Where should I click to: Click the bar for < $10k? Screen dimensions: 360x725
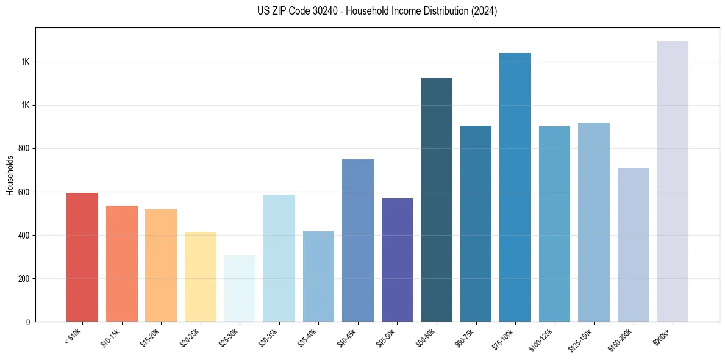coord(82,257)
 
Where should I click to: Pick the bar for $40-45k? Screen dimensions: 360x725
coord(358,240)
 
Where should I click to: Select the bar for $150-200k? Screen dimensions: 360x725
coord(633,245)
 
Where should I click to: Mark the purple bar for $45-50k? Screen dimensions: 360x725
coord(397,260)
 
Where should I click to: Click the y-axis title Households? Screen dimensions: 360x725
coord(10,175)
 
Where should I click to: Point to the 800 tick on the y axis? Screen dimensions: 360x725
coord(25,148)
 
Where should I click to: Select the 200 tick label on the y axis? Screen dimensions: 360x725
coord(25,278)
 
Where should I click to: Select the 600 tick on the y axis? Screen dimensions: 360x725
coord(25,192)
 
